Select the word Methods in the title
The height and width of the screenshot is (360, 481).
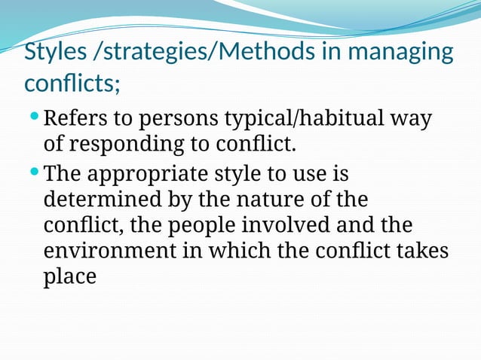(272, 53)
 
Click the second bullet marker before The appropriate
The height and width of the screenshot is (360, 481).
(34, 172)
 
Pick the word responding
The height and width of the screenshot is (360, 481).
(132, 143)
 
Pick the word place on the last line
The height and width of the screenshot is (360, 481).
(70, 276)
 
